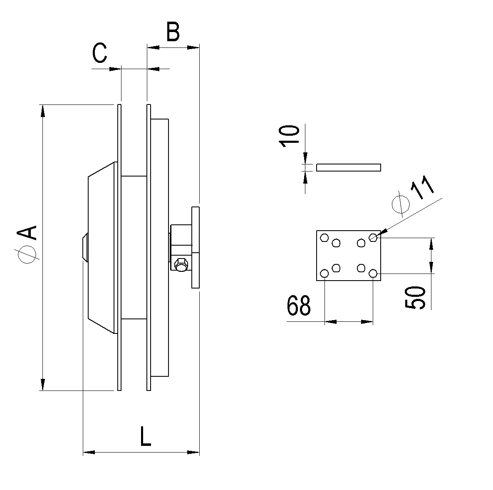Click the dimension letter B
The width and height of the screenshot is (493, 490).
coord(173,32)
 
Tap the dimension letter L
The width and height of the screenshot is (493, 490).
coord(145,436)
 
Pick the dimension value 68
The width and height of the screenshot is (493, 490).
coord(299,305)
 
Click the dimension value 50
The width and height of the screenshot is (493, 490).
coord(415,297)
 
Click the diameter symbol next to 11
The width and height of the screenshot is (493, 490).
coord(401,204)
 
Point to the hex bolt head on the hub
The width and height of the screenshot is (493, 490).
coord(181,264)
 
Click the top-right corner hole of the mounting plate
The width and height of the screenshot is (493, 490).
coord(373,237)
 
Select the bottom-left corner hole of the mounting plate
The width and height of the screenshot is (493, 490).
coord(325,273)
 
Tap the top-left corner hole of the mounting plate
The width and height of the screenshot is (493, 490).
coord(325,237)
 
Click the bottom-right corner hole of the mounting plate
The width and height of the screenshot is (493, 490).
coord(373,273)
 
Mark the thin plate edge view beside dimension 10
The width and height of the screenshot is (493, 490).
coord(348,167)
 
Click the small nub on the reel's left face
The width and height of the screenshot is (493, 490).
coord(85,247)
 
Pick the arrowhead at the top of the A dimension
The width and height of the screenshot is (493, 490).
coord(43,111)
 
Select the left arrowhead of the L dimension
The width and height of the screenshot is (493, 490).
coord(89,452)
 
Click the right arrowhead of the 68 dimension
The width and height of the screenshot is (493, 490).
coord(367,322)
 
